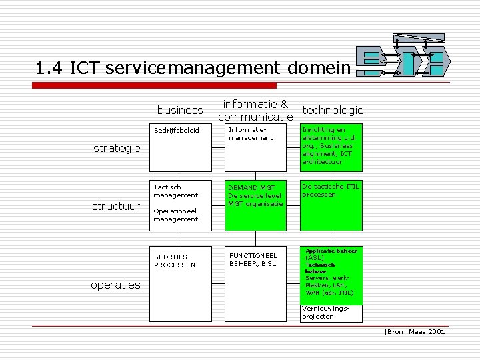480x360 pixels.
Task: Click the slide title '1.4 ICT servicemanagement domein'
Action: (x=193, y=68)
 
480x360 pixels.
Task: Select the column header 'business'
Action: (x=180, y=110)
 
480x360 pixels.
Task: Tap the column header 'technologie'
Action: (x=333, y=110)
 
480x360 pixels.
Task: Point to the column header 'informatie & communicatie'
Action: (x=257, y=110)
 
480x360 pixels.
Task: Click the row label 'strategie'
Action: (x=117, y=148)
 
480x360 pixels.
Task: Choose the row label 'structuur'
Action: (x=116, y=206)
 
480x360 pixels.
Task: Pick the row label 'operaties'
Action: (x=116, y=285)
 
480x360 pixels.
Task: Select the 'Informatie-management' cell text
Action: (x=251, y=133)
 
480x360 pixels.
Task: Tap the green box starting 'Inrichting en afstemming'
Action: (x=331, y=147)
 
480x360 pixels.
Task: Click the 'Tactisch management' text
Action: (x=175, y=191)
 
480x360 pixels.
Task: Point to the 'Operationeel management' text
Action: (x=175, y=215)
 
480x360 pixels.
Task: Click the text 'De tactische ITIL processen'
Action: (x=330, y=191)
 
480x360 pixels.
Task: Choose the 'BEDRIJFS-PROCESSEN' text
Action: (x=175, y=260)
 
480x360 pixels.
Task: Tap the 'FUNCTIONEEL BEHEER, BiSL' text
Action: (x=253, y=259)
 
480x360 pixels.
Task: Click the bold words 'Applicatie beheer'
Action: (x=331, y=251)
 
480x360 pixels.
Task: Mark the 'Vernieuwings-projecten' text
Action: (x=325, y=313)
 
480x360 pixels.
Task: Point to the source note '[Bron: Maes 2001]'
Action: (x=415, y=331)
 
